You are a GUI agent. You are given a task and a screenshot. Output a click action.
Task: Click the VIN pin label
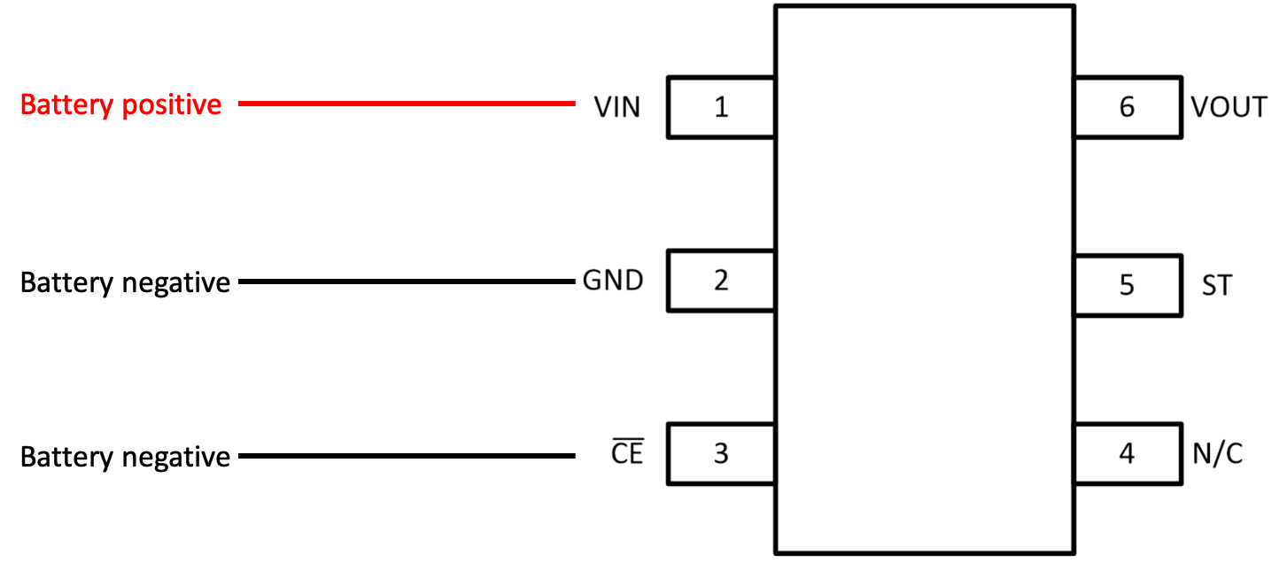coord(617,107)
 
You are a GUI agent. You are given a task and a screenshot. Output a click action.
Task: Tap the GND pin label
coord(613,281)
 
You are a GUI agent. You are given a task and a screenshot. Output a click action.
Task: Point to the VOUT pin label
coord(1229,107)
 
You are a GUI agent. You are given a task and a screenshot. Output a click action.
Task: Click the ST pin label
coord(1217,285)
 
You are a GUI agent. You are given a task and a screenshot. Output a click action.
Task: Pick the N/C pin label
coord(1217,454)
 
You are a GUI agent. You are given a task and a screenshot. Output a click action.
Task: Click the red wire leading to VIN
coord(407,104)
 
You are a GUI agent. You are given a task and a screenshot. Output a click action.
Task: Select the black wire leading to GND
coord(407,281)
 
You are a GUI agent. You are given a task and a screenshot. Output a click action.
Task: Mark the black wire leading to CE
coord(407,456)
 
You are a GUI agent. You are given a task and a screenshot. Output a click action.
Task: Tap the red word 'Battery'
coord(66,105)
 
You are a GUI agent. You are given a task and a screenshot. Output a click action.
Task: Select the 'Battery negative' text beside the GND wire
coord(125,283)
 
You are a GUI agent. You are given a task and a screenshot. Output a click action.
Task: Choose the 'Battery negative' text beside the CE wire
coord(125,458)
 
